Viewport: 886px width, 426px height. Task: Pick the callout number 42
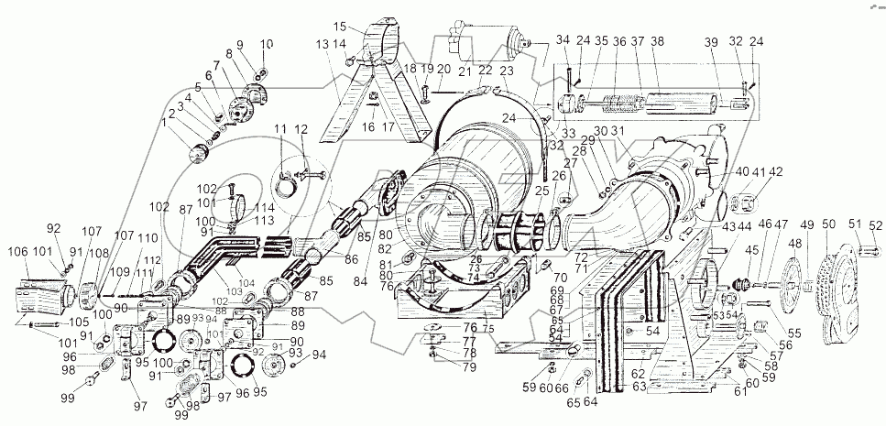[x=775, y=171]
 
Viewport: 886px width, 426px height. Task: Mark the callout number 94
[x=318, y=355]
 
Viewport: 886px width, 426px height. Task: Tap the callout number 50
[x=827, y=224]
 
